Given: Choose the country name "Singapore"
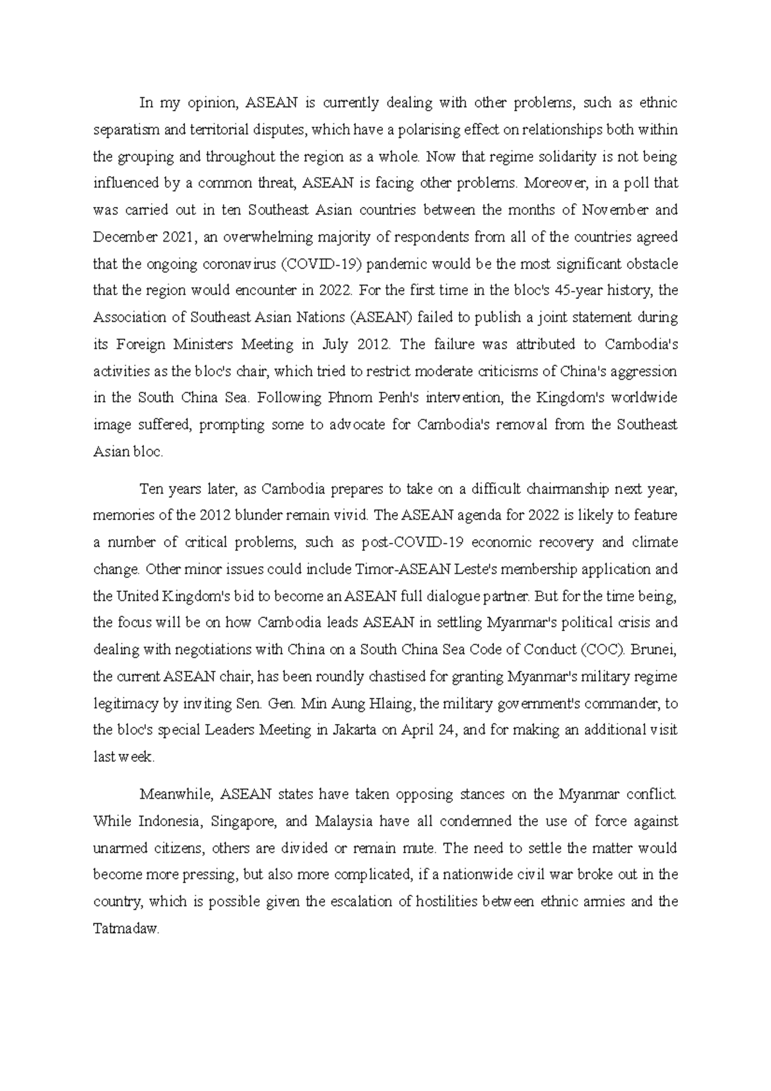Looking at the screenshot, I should tap(244, 822).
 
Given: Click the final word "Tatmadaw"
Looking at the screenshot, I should tap(125, 929).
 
